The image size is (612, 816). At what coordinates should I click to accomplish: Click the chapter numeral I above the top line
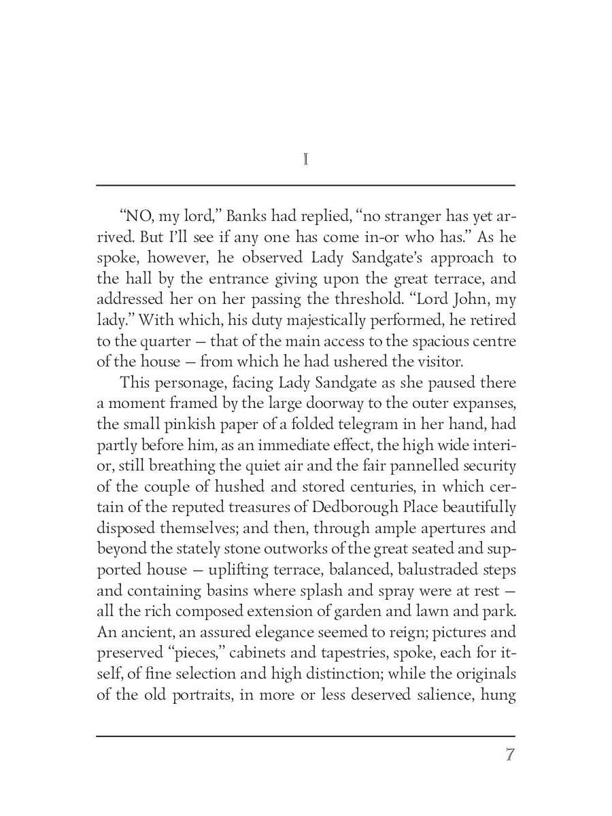click(x=306, y=160)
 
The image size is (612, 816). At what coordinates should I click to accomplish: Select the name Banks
click(x=245, y=217)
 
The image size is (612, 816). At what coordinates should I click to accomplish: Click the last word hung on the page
click(x=499, y=694)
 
